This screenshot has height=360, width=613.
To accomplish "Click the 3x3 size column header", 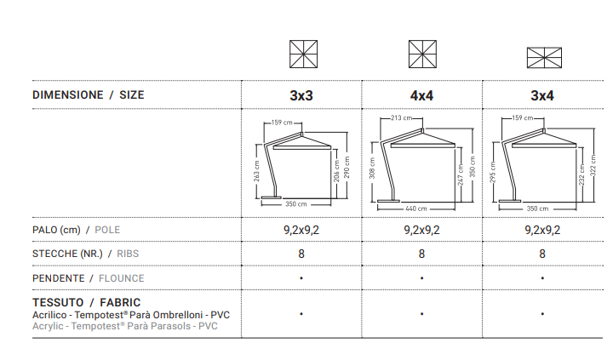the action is (301, 95).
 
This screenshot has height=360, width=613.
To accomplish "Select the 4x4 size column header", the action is (421, 95).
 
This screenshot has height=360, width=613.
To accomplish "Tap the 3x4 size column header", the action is (541, 95).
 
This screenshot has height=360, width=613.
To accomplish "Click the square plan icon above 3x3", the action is (303, 54).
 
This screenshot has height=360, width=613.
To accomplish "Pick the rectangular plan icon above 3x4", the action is (544, 58).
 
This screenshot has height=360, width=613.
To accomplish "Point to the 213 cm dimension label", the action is (402, 117).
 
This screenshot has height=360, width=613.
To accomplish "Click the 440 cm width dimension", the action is (416, 209).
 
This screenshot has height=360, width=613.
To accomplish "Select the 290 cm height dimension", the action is (347, 168).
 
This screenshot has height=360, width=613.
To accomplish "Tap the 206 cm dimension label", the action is (336, 171).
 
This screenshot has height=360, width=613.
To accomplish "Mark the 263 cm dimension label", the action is (256, 171).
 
